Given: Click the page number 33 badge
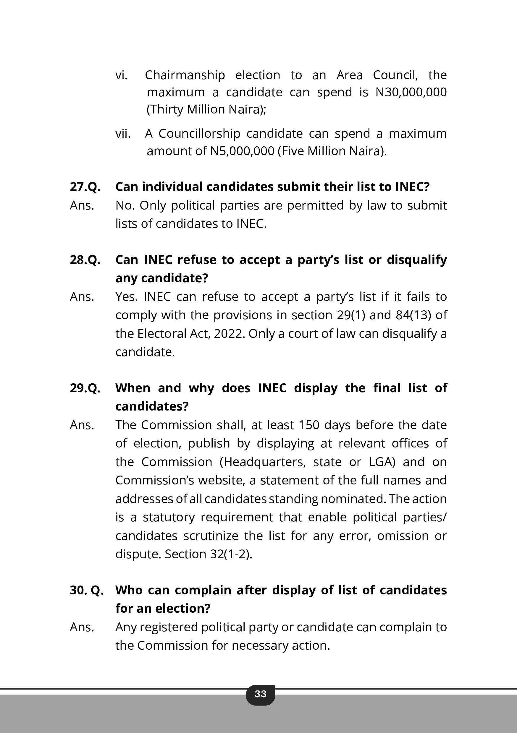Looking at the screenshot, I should point(260,694).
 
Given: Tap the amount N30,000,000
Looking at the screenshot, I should point(411,92).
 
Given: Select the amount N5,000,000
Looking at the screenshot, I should point(242,151).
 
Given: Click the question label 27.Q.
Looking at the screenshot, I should point(85,187).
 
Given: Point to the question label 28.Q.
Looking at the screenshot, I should point(85,260).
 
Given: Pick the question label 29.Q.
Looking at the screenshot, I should point(85,388).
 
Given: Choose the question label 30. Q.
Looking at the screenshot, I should point(87,590).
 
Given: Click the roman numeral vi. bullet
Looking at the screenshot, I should point(122,75).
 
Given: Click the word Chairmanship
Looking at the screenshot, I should point(185,75).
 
